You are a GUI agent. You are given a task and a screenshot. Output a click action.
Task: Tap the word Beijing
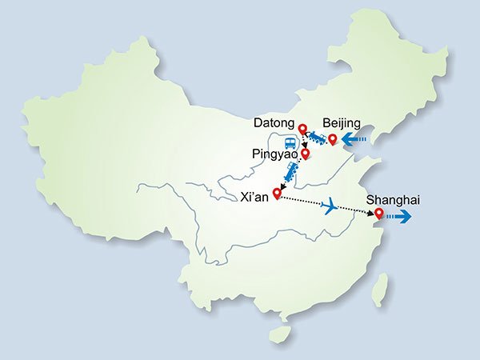point(342,124)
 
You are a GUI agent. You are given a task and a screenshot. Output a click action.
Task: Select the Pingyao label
point(274,152)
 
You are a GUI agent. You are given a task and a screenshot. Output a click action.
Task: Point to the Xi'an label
point(254,194)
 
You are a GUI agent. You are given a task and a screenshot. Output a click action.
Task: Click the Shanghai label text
point(392,200)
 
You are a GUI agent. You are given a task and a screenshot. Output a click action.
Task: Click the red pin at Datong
point(302,130)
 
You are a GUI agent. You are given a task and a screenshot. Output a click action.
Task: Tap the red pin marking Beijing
point(333,139)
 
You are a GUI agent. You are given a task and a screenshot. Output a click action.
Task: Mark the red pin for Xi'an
point(278,192)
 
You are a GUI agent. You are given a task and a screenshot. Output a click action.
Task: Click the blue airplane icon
point(328,206)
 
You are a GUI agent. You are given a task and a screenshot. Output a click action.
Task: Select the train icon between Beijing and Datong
point(318,139)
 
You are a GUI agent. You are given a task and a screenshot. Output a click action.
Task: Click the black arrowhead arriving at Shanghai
point(370,214)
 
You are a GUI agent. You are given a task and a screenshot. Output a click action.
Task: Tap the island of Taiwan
point(382,289)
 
